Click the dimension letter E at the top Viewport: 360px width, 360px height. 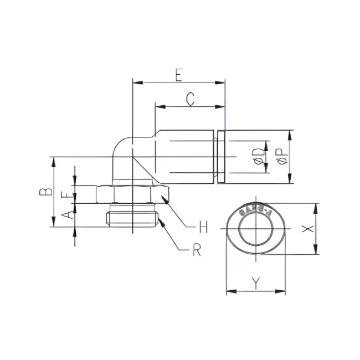pos(178,75)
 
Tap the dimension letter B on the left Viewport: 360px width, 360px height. pos(47,192)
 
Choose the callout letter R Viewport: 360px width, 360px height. pos(196,250)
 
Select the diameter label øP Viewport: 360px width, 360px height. pos(281,157)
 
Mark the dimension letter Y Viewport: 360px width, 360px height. pos(255,283)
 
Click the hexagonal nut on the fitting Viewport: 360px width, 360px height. pos(132,194)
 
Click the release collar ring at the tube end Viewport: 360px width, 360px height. pos(222,157)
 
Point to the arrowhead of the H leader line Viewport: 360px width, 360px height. pos(164,197)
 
